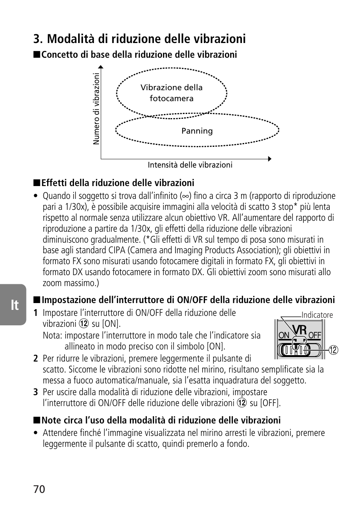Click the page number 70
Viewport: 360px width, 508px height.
(x=39, y=489)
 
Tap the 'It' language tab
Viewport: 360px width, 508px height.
(x=14, y=305)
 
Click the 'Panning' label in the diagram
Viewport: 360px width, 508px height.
(x=197, y=131)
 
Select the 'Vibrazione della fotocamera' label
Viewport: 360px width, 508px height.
(x=172, y=93)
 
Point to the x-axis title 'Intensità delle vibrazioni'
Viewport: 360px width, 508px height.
(x=190, y=165)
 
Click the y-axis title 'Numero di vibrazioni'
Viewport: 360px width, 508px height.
(x=97, y=109)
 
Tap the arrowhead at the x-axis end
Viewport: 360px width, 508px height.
(x=269, y=159)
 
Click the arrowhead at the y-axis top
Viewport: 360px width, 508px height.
(x=101, y=68)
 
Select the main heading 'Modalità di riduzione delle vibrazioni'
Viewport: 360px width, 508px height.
(x=139, y=38)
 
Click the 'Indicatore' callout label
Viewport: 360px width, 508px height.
(x=317, y=315)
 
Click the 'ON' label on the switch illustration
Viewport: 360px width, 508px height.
(x=284, y=336)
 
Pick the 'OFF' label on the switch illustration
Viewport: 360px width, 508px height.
(x=315, y=336)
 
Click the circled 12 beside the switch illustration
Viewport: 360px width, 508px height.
(x=333, y=350)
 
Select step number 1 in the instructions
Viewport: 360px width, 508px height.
(x=35, y=313)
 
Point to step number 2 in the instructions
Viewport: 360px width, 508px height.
(x=35, y=359)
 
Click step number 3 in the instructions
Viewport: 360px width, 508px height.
(x=35, y=392)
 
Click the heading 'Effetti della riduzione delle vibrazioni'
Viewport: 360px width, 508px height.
(x=118, y=183)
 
